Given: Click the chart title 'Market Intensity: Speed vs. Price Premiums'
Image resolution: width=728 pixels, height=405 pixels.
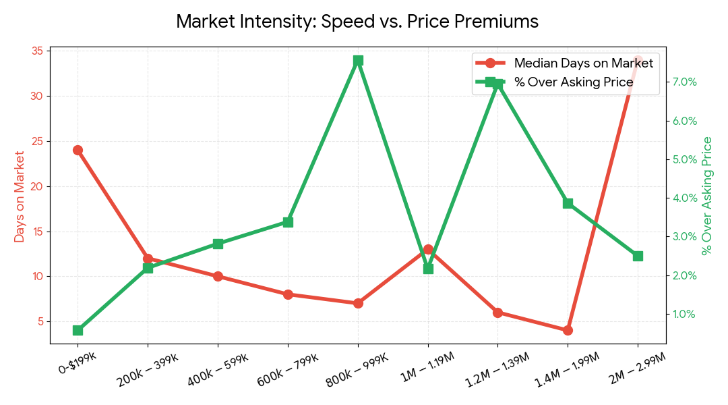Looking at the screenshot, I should [x=357, y=22].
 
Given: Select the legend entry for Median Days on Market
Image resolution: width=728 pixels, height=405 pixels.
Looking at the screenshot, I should [x=583, y=63].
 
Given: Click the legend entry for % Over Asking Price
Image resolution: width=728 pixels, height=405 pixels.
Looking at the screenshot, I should [x=573, y=82].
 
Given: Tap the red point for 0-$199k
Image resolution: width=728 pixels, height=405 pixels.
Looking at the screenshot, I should [x=78, y=150].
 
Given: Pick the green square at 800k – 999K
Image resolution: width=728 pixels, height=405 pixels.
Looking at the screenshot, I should [x=358, y=60].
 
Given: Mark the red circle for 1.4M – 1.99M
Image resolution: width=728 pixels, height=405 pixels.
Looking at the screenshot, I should [x=568, y=330].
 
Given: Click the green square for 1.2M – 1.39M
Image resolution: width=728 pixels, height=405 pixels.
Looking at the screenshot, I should [x=497, y=84].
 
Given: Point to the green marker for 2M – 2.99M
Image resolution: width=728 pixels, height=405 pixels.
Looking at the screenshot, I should [x=638, y=256].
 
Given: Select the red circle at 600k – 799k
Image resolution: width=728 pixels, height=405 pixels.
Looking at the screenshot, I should [x=288, y=294].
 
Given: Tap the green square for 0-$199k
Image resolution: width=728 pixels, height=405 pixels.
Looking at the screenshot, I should [x=78, y=330].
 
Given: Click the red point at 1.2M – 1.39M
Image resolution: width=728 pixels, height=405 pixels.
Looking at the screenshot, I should [x=497, y=313].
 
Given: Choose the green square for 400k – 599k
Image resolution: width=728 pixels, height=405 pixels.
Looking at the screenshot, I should [x=218, y=244].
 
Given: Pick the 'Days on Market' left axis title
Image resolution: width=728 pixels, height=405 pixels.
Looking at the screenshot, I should [x=20, y=196].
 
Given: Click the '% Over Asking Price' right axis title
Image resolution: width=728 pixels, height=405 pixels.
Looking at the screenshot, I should [x=707, y=196].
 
